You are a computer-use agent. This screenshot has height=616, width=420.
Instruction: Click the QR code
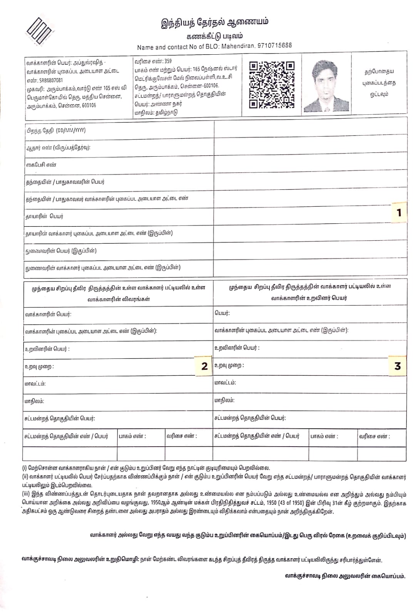[271, 84]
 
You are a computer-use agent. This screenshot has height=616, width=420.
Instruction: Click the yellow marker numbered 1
[399, 213]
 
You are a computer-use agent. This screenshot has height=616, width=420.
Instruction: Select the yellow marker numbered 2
[204, 366]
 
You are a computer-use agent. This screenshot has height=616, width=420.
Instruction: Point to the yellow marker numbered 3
[398, 366]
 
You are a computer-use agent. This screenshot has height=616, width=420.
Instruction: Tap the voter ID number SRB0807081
[51, 80]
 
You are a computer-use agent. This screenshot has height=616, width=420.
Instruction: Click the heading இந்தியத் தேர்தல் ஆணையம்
[214, 22]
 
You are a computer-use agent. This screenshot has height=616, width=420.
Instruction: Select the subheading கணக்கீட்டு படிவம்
[214, 36]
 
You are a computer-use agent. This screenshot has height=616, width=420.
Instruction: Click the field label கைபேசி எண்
[41, 165]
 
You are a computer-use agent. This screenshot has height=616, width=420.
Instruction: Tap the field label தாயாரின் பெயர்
[44, 216]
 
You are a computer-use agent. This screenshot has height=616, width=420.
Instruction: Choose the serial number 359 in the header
[168, 61]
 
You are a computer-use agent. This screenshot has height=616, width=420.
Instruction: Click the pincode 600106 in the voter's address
[88, 105]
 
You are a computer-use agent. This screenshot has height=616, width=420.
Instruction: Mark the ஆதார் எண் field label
[58, 148]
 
